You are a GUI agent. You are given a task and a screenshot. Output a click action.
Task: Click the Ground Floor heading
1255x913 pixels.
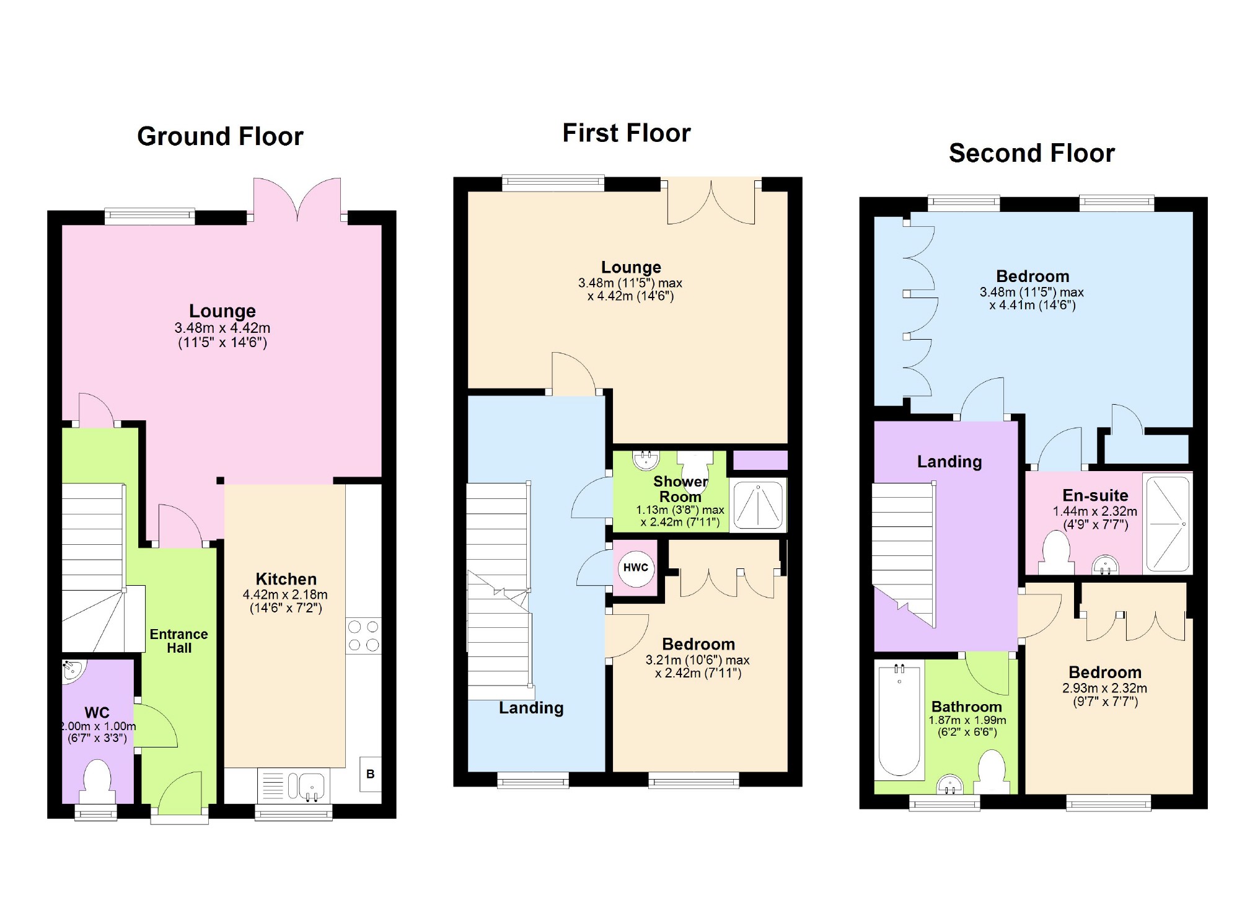coord(220,136)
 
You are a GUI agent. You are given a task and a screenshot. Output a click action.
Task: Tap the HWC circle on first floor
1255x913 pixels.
coord(636,568)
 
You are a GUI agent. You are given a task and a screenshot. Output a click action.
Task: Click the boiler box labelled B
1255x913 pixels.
coord(370,774)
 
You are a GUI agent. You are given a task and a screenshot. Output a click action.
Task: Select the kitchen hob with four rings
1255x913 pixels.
coord(363,635)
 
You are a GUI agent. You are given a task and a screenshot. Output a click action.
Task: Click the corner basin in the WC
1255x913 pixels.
coord(73,670)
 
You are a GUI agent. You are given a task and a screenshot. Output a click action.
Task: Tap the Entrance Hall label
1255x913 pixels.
coord(178,641)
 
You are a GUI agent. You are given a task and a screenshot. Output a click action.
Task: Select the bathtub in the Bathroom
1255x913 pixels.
coord(899,720)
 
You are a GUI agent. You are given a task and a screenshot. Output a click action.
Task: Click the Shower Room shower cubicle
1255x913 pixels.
coord(758,505)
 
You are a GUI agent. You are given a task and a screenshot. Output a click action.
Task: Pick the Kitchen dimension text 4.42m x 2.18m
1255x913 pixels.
coord(285,594)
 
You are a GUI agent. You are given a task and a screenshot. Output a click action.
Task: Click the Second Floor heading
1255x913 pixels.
coord(1031,153)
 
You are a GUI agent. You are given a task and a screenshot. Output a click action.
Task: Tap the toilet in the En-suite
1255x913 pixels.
coord(1057,554)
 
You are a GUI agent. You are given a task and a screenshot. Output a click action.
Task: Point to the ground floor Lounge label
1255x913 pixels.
coord(222,311)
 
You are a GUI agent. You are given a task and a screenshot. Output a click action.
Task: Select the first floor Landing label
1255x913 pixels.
coord(531,708)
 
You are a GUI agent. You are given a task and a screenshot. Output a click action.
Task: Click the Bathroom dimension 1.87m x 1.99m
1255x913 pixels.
coord(967,720)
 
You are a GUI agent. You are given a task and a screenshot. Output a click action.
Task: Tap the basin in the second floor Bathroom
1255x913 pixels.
coord(950,785)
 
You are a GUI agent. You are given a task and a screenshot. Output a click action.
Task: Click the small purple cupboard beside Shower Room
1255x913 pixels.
coord(760,461)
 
